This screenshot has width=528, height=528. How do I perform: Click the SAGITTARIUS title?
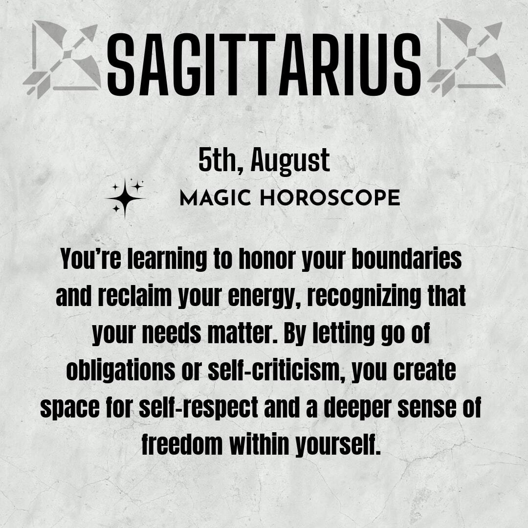264,65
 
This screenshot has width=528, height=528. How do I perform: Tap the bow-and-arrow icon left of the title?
63,59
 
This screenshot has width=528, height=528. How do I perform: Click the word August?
290,162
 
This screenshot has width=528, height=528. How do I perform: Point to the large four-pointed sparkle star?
125,198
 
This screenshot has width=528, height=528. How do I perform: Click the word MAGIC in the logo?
215,198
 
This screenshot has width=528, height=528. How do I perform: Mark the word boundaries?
406,259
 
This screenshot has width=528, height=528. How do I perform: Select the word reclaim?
134,296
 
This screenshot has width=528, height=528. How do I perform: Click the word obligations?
121,371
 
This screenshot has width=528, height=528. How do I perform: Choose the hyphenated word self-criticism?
276,370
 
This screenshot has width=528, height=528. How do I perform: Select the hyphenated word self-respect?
198,407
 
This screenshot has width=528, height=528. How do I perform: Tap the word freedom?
181,444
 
